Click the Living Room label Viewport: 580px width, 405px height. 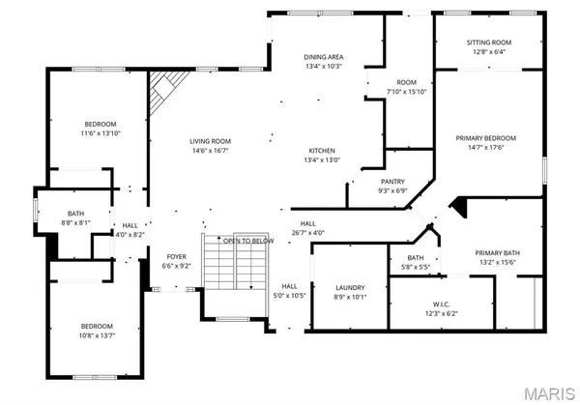coord(210,141)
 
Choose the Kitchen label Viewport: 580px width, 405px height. coord(322,151)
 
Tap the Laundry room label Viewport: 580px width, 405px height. coord(349,288)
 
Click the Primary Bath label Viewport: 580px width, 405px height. coord(498,253)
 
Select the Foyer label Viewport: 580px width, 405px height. coord(175,256)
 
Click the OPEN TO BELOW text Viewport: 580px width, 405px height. coord(248,241)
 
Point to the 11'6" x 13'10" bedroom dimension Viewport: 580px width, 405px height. coord(100,133)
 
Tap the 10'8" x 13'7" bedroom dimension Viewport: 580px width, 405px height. coord(97,335)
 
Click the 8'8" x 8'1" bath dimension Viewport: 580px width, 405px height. coord(76,222)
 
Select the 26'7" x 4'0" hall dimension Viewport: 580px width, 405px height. coord(307,232)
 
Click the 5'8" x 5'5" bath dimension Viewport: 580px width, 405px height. coord(416,268)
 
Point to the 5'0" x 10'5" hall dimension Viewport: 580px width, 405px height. coord(289,296)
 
